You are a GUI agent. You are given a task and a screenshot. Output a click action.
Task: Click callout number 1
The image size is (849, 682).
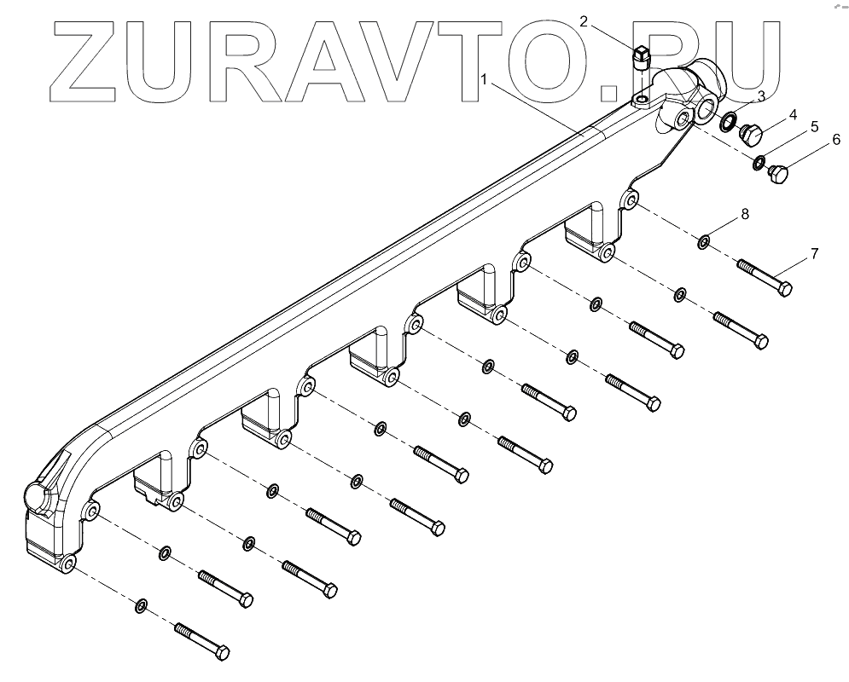point(485,79)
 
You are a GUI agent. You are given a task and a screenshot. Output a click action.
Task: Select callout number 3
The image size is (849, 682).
point(761,95)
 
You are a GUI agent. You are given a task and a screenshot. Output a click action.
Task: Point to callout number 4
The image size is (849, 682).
point(793,113)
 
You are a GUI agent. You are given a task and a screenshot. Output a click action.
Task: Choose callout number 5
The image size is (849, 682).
point(814,126)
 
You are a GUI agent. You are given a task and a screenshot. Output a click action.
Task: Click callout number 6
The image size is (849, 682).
point(836,138)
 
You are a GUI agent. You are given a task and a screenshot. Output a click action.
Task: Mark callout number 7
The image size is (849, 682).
point(814,253)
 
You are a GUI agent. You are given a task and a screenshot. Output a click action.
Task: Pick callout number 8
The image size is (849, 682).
point(745,214)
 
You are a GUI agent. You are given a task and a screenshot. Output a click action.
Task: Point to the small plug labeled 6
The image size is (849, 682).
point(779,176)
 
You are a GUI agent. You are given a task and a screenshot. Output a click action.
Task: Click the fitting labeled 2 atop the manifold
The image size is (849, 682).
point(641,62)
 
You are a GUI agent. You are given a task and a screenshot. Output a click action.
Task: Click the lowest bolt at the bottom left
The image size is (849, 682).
point(202,642)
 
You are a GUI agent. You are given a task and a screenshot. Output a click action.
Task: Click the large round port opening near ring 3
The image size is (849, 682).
point(707,108)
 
